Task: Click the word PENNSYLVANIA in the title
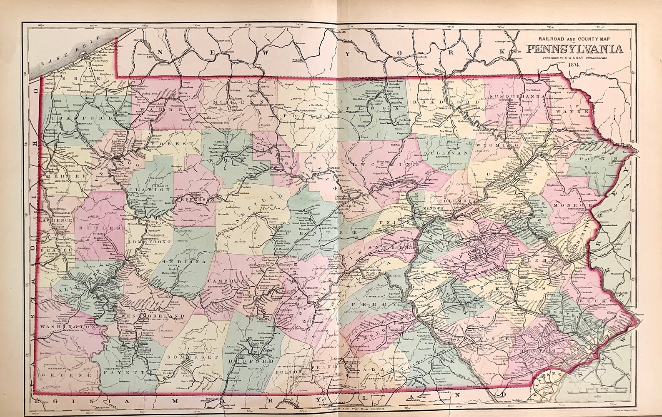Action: coord(575,49)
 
